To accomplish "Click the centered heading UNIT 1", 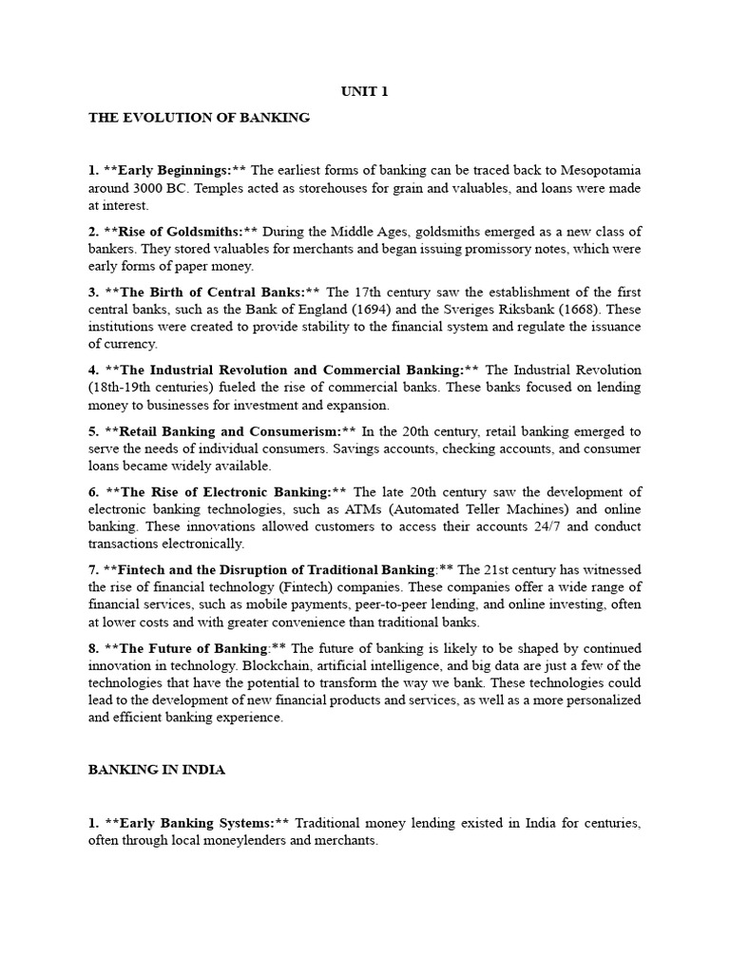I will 364,92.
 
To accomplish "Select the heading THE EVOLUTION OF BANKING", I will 199,118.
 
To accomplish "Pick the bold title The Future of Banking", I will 191,649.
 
